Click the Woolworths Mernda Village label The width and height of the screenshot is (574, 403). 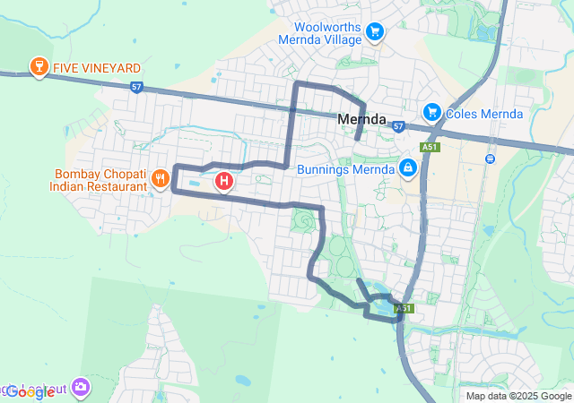pos(320,32)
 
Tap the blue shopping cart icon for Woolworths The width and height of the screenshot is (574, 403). pos(375,33)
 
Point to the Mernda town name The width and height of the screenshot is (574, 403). pos(361,118)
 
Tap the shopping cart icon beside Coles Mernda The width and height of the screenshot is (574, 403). pos(432,112)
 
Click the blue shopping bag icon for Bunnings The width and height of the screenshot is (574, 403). pos(408,167)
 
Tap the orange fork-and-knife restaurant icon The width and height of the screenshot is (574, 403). pos(160,179)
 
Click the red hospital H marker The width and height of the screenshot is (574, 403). pos(224,182)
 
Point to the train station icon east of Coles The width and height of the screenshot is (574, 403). pos(490,159)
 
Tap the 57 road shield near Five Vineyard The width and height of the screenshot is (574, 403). pos(135,87)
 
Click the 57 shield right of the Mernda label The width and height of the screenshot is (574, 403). pos(398,126)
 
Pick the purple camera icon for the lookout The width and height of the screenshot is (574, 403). pos(82,387)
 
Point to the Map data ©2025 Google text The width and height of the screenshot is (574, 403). pos(517,396)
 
